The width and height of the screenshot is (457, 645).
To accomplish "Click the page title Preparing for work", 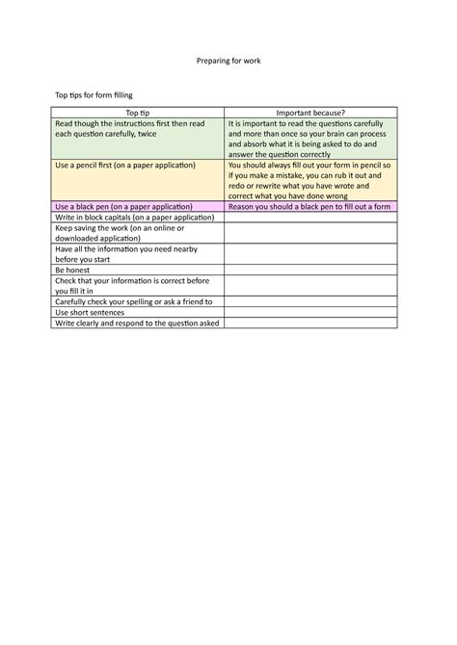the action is tap(228, 62).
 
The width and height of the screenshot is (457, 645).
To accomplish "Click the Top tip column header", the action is tap(138, 114).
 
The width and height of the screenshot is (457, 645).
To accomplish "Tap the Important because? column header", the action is tap(309, 114).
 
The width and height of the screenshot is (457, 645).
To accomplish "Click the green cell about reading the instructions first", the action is tap(138, 139).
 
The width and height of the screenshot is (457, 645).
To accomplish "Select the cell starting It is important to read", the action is tap(309, 139).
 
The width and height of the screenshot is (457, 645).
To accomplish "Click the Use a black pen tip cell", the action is tap(138, 207).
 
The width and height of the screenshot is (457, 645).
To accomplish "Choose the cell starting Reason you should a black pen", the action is tap(309, 207).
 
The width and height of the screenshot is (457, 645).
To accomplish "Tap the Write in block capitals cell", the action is tap(138, 218).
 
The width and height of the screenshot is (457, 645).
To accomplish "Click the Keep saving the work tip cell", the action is tap(138, 233).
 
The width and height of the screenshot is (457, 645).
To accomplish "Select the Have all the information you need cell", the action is tap(138, 254).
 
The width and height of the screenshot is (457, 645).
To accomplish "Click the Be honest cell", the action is tap(138, 271).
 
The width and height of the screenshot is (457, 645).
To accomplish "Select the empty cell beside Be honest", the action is tap(309, 271).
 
